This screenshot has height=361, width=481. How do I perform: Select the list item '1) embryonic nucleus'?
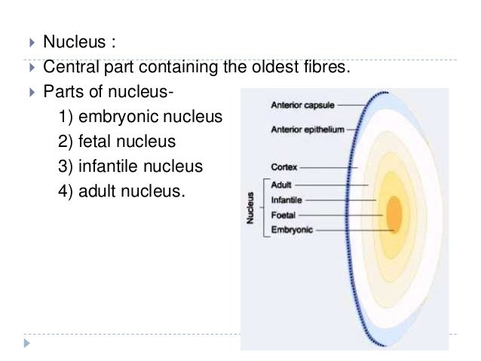point(141,117)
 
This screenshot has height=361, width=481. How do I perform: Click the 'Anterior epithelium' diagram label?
point(308,130)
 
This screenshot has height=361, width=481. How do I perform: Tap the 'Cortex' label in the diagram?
point(283,167)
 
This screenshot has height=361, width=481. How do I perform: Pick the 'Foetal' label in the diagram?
point(283,215)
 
